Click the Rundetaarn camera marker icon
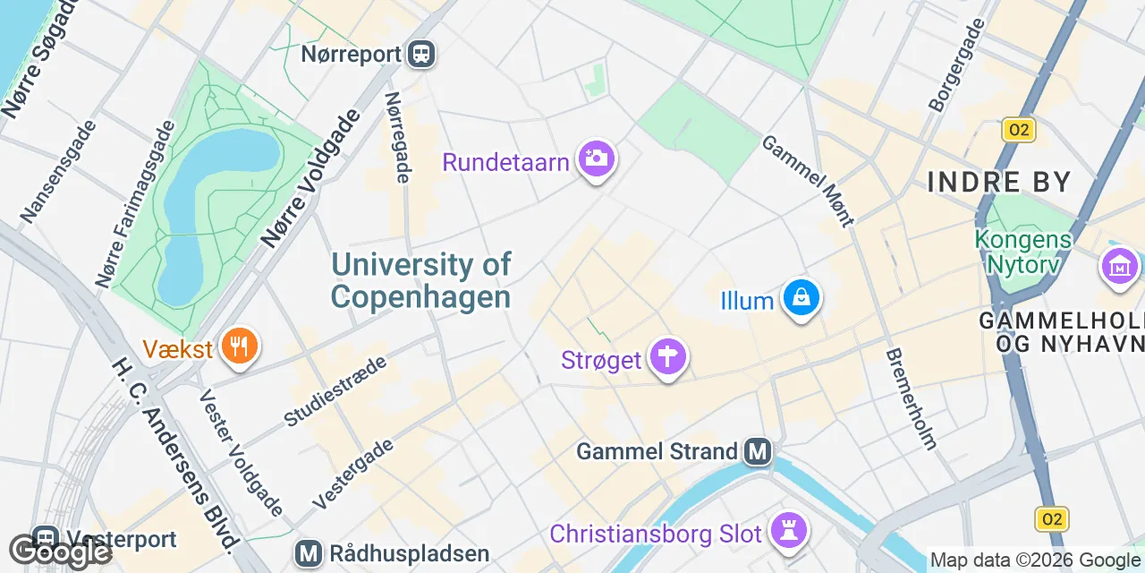coord(597,159)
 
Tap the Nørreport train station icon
coord(420,55)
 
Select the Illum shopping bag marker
coord(801,297)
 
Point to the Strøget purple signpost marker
coord(667,357)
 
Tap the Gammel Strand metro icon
coord(758,452)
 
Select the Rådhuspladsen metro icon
coord(310,553)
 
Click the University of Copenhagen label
coord(420,279)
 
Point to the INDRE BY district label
coord(999,183)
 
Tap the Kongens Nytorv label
coord(1023,252)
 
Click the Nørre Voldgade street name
coord(310,178)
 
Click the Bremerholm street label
coord(911,398)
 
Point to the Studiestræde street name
coord(335,390)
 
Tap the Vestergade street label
coord(354,475)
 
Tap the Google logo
coord(59,551)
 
